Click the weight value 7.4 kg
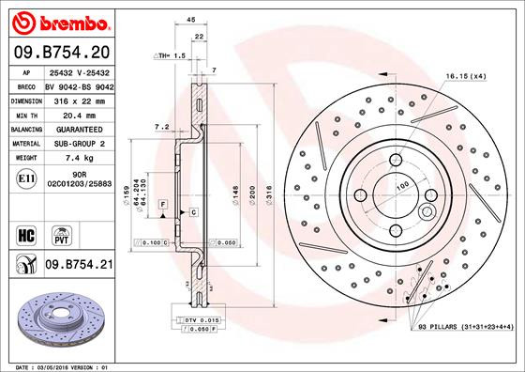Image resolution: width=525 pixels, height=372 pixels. (x=79, y=159)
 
